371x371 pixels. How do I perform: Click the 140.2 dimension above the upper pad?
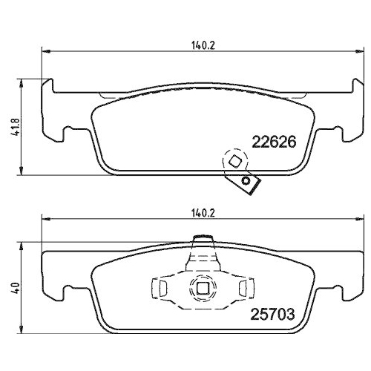pyautogui.click(x=198, y=45)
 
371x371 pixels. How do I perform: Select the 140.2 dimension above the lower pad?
pyautogui.click(x=198, y=211)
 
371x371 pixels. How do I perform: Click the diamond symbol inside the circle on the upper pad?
pyautogui.click(x=234, y=162)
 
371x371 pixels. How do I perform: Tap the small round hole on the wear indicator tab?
pyautogui.click(x=246, y=181)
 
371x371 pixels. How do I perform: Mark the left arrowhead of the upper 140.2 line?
pyautogui.click(x=44, y=51)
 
